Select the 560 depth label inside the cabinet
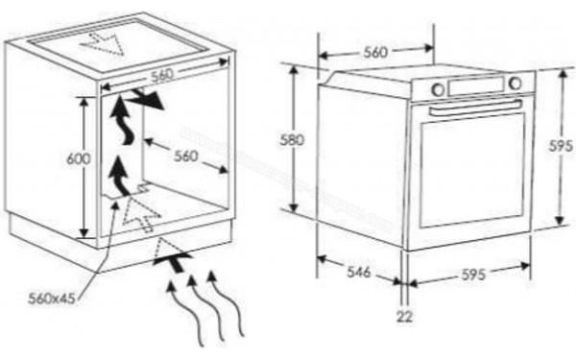pyautogui.click(x=185, y=155)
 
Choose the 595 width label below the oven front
pyautogui.click(x=473, y=274)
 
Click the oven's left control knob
pyautogui.click(x=438, y=89)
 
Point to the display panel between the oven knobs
pyautogui.click(x=475, y=85)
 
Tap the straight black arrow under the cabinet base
pyautogui.click(x=171, y=256)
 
